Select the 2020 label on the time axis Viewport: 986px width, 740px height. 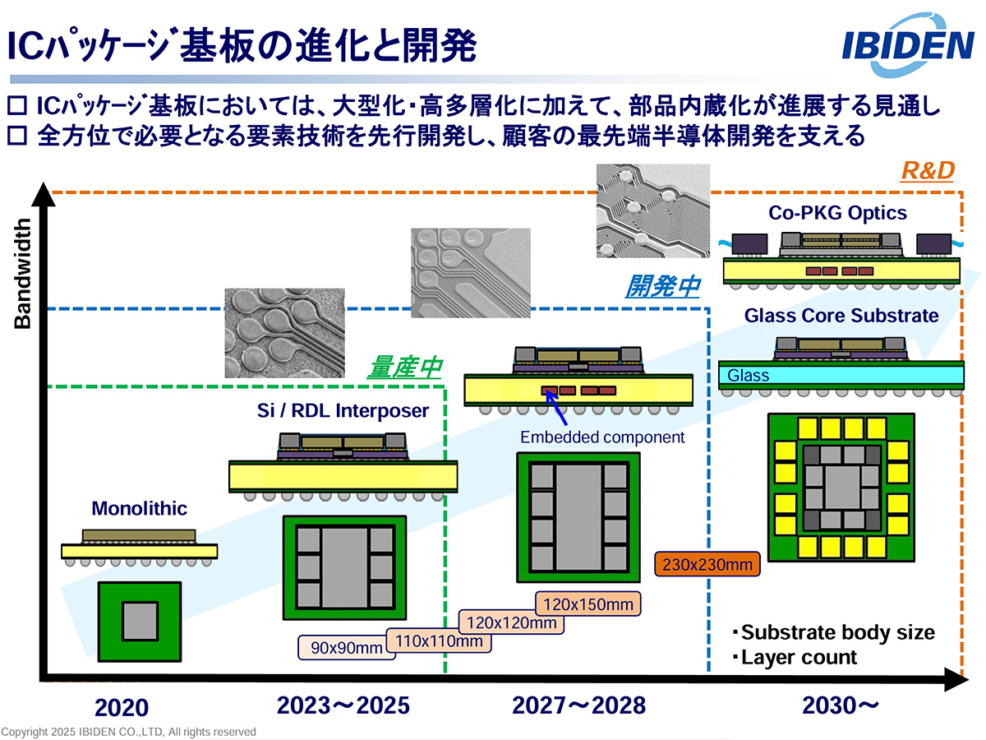122,708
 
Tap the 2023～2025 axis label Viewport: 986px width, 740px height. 343,705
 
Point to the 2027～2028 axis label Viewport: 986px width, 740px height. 579,705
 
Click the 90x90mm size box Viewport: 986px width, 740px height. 340,648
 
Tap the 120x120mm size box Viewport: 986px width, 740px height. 511,622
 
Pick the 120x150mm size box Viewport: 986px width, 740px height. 587,604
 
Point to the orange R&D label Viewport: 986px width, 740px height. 927,171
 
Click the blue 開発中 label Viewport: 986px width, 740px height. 662,286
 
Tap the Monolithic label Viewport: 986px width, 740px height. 139,508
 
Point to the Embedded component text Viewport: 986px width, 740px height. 602,437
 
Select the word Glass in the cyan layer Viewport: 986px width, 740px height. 748,376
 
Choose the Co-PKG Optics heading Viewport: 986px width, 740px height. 837,213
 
